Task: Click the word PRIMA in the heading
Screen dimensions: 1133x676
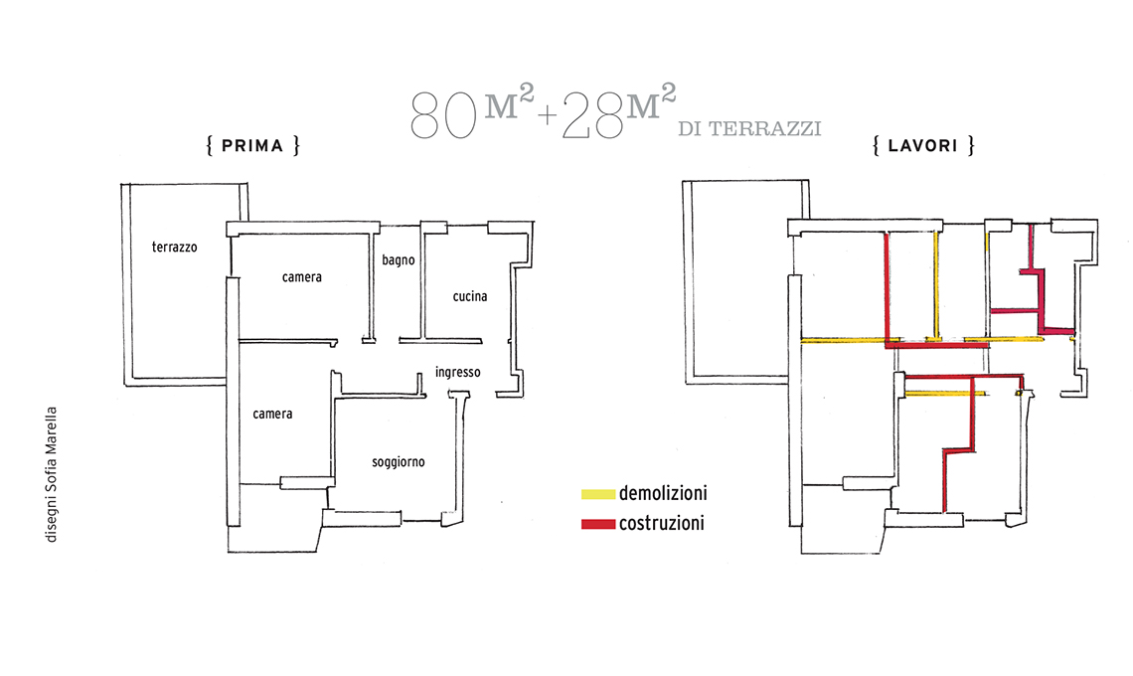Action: tap(252, 146)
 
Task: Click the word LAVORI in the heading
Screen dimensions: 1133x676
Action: tap(922, 146)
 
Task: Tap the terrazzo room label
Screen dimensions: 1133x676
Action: tap(174, 248)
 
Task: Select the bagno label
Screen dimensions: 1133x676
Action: tap(399, 260)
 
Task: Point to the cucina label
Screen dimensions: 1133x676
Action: tap(470, 296)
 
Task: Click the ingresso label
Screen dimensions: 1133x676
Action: tap(457, 373)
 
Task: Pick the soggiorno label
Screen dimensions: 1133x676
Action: tap(399, 462)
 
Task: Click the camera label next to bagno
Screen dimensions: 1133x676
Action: tap(302, 277)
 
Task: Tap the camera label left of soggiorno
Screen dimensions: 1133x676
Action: tap(272, 415)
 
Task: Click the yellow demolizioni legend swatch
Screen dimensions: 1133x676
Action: tap(598, 494)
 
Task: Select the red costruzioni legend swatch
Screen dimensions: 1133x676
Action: tap(598, 524)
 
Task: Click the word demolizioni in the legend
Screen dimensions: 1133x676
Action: tap(663, 494)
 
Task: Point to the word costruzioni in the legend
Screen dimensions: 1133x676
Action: tap(661, 524)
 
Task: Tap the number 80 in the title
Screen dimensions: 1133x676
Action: tap(443, 115)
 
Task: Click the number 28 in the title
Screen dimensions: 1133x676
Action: tap(592, 115)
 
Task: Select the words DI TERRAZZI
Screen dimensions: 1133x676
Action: tap(749, 129)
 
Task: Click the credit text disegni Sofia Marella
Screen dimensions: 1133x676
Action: tap(51, 474)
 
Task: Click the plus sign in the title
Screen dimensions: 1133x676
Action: tap(547, 115)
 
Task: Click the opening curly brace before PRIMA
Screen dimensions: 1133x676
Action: tap(210, 146)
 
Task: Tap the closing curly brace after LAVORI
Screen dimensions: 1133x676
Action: tap(971, 146)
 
